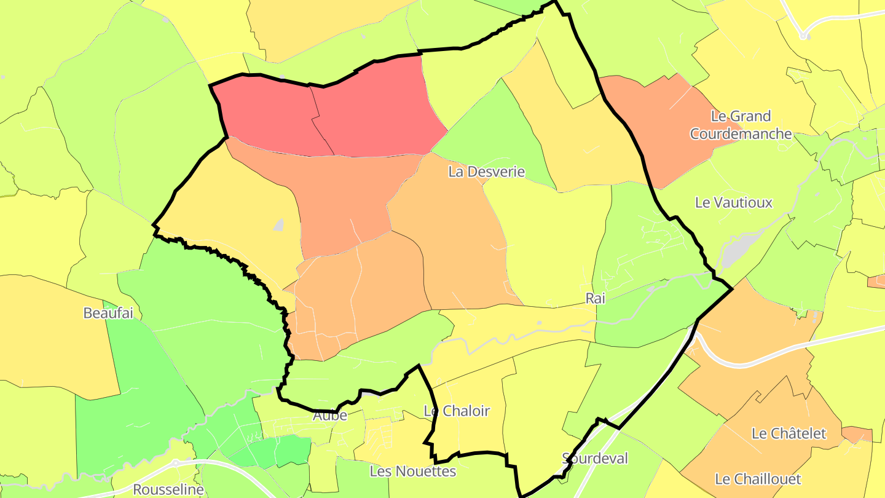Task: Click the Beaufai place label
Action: click(x=108, y=313)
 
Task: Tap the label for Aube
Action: click(x=330, y=416)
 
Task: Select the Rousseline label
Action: click(x=168, y=490)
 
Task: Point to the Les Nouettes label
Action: click(x=412, y=472)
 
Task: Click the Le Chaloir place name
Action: click(x=457, y=411)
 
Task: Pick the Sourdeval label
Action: click(x=595, y=458)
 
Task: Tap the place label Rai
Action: click(x=596, y=298)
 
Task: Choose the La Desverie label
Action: click(x=487, y=172)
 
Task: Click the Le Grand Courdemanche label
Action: click(x=741, y=125)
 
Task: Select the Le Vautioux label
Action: click(x=733, y=202)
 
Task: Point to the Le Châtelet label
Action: click(x=789, y=433)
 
